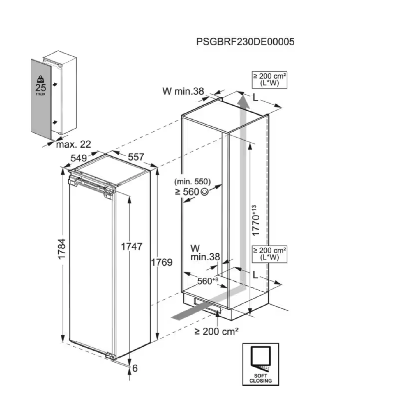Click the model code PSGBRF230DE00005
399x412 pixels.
(x=245, y=42)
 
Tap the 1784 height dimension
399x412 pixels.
(x=62, y=249)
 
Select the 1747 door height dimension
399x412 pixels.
(x=132, y=246)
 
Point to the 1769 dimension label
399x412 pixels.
(x=162, y=262)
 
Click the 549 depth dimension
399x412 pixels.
(x=79, y=158)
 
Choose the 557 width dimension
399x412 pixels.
(x=136, y=157)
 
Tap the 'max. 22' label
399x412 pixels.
(x=73, y=144)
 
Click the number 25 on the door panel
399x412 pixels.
(x=40, y=88)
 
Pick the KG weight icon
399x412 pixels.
(x=40, y=79)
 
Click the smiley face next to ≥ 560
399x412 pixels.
(x=205, y=192)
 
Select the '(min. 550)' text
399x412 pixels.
(x=192, y=182)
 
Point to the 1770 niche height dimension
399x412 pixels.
(x=255, y=221)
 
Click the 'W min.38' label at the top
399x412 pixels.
(x=183, y=91)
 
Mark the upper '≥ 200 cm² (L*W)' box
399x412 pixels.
(x=269, y=79)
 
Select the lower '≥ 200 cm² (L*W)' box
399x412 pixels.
(x=269, y=254)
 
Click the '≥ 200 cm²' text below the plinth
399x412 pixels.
(x=216, y=331)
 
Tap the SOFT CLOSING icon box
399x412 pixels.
(x=261, y=364)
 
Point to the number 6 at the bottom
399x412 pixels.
(x=135, y=368)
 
